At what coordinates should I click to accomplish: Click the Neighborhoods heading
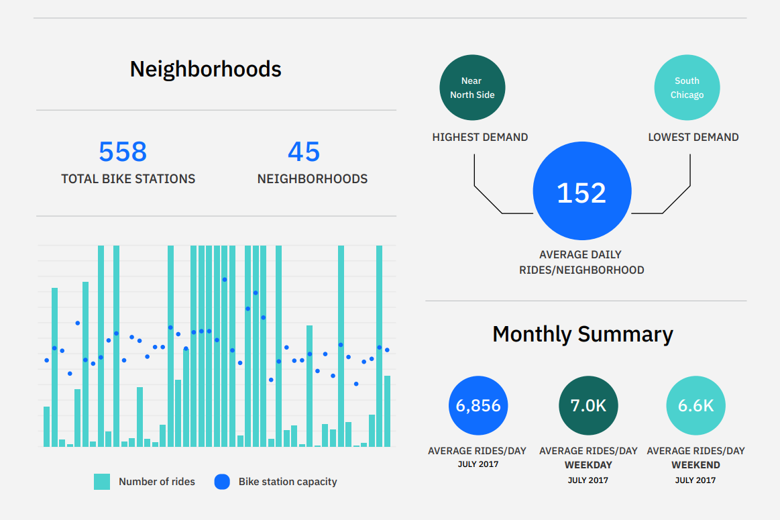click(x=205, y=69)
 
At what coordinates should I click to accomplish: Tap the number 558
click(x=123, y=151)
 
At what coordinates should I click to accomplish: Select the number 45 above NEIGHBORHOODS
click(x=304, y=151)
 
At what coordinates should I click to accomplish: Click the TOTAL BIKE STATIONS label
click(x=128, y=178)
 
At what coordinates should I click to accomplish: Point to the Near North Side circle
click(x=472, y=88)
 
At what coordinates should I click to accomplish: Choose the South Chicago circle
click(x=687, y=88)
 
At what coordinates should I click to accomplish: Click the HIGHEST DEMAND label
click(x=480, y=138)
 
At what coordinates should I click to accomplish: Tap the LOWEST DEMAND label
click(x=693, y=138)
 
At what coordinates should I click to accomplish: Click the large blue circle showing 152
click(x=582, y=191)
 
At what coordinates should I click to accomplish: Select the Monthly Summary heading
click(x=583, y=334)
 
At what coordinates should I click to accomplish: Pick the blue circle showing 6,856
click(x=478, y=405)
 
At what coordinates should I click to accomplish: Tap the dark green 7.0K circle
click(x=588, y=405)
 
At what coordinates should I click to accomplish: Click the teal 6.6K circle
click(x=696, y=405)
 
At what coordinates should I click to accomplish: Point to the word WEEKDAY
click(x=588, y=465)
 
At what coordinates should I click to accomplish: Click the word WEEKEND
click(x=696, y=465)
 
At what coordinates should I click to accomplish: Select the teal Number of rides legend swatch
click(x=102, y=482)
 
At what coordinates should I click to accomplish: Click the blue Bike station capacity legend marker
click(x=222, y=482)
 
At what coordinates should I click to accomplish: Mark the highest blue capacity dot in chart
click(x=225, y=280)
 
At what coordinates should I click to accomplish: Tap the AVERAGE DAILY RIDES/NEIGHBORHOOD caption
click(x=581, y=262)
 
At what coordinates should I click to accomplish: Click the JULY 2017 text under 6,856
click(x=478, y=464)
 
